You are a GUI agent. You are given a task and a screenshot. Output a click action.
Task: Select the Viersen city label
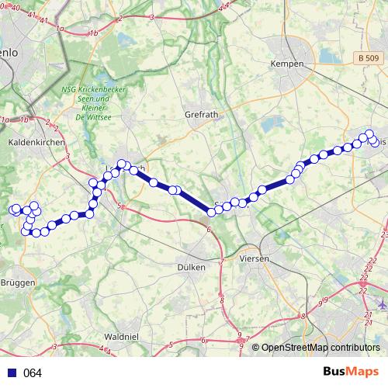coord(255,258)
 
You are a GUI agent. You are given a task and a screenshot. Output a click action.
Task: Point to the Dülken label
coord(192,266)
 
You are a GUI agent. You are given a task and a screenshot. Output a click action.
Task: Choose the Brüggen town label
coord(18,282)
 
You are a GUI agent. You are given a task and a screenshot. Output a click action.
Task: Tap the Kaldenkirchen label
coord(33,143)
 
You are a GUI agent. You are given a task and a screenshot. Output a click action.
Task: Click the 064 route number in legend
coord(32,373)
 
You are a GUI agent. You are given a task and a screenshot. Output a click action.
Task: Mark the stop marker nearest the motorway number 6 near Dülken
coord(212,212)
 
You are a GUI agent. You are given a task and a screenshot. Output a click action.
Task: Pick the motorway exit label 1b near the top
coord(94,33)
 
